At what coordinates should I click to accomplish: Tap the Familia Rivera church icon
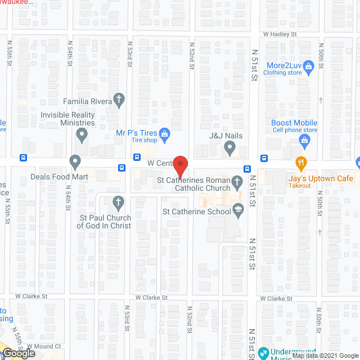click(119, 100)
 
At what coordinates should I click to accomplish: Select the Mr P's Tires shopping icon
click(164, 133)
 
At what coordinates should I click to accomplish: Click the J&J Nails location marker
click(229, 148)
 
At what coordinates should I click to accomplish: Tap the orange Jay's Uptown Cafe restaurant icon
click(300, 164)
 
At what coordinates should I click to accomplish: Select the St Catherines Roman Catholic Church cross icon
click(237, 181)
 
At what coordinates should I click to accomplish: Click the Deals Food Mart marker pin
click(75, 163)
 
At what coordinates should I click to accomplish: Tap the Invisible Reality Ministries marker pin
click(82, 135)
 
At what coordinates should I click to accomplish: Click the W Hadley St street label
click(280, 34)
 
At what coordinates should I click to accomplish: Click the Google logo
click(18, 353)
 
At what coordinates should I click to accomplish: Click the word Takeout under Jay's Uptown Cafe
click(300, 186)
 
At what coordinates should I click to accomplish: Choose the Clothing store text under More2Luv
click(283, 73)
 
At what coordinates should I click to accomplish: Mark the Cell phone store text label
click(295, 130)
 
